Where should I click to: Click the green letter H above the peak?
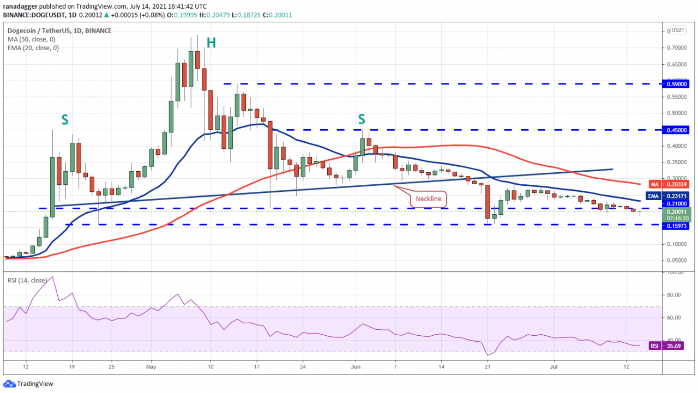coord(211,43)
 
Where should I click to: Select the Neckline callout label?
coord(429,199)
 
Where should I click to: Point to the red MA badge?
coord(655,184)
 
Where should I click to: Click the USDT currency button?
coord(678,30)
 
